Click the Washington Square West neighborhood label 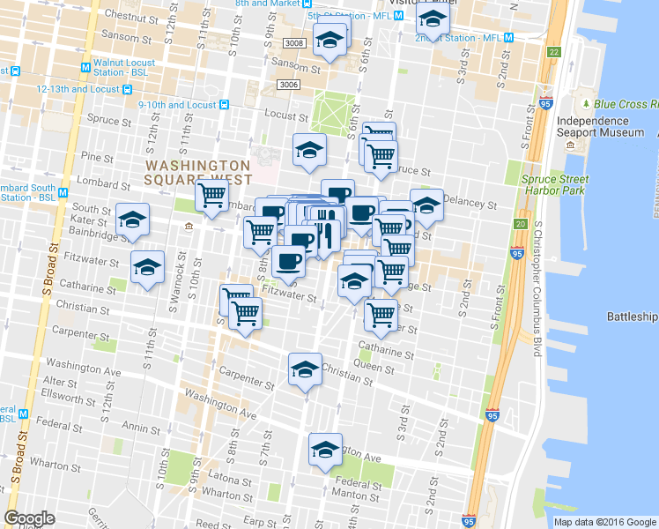[198, 172]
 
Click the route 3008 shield [294, 42]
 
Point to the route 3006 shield [287, 84]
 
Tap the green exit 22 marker [553, 52]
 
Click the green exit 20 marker [521, 224]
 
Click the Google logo [30, 518]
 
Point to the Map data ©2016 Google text [603, 522]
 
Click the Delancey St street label [471, 204]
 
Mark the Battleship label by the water [632, 317]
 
